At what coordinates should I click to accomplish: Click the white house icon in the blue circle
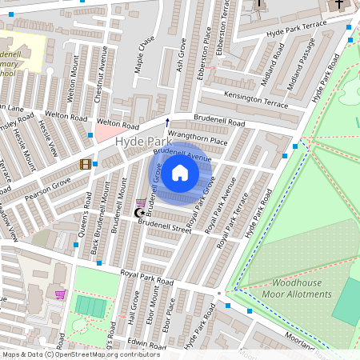tap(180, 173)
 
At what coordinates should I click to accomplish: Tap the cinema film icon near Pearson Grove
tap(85, 165)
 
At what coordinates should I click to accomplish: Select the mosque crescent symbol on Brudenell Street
tap(139, 213)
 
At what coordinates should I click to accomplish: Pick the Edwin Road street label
tap(146, 343)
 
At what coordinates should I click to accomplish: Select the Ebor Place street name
tap(168, 317)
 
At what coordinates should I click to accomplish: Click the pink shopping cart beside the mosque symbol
tap(141, 203)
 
